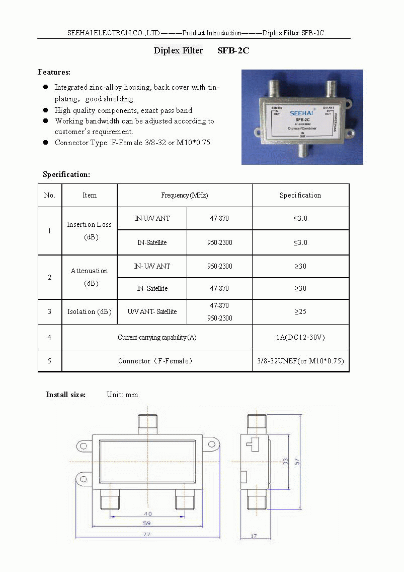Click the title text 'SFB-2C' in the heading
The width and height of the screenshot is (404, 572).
233,51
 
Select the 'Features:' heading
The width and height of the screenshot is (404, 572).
54,72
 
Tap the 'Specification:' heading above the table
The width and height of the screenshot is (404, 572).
66,174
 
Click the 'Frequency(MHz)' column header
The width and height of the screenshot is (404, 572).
184,195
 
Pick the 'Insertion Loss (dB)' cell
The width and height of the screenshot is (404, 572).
90,230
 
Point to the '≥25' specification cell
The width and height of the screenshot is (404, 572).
300,311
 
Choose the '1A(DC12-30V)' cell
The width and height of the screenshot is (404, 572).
300,337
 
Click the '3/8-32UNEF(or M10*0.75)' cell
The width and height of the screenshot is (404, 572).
300,361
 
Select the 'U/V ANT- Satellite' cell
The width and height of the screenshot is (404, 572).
152,311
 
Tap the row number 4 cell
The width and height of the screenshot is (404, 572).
49,337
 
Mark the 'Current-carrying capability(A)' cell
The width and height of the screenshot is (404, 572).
157,337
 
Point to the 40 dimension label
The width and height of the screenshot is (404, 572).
148,513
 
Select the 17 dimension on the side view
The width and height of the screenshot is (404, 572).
254,536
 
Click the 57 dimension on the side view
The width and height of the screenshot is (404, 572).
297,461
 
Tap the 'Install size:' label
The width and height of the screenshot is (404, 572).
66,395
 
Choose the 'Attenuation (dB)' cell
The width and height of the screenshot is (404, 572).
90,277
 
